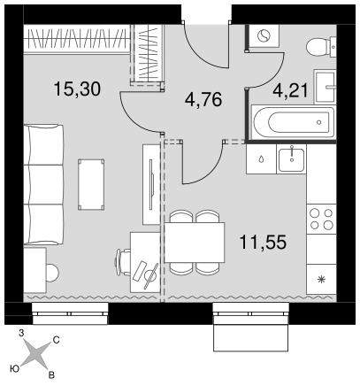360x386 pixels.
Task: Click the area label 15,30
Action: [77, 89]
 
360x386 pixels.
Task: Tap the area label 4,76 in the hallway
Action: [203, 99]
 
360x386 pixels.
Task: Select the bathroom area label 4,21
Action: [290, 90]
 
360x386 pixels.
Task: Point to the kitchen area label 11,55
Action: [263, 242]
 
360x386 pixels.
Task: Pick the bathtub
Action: [294, 122]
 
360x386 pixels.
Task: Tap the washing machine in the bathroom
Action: [264, 36]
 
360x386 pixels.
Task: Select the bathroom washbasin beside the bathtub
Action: [325, 87]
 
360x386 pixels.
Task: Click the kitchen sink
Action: [291, 159]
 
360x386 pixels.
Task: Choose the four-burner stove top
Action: [321, 219]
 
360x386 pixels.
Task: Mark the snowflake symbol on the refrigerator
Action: [321, 279]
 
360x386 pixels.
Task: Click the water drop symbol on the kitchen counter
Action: [261, 159]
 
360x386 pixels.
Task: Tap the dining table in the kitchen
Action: [195, 243]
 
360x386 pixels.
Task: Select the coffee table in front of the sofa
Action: [91, 184]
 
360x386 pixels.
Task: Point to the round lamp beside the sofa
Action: [52, 273]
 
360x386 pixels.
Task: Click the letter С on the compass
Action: [56, 340]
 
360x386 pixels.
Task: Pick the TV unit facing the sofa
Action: [151, 184]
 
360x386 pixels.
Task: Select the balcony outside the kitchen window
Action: [250, 338]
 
